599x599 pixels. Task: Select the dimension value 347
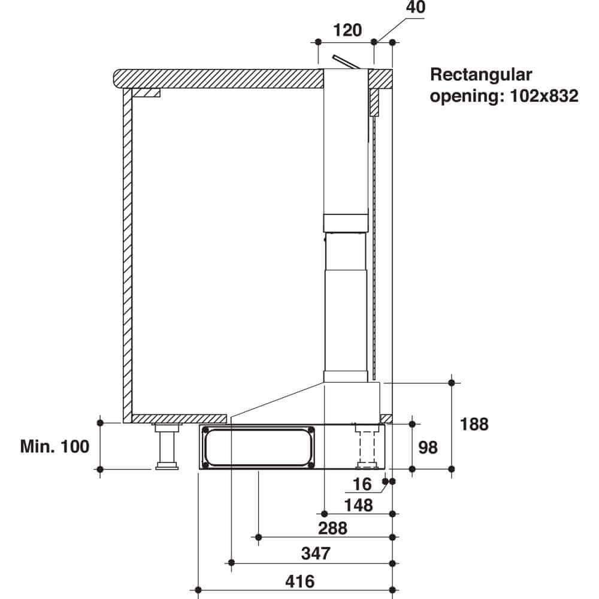pos(315,553)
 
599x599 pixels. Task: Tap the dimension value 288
pos(332,528)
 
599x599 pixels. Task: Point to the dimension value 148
pos(358,505)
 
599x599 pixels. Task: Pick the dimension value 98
pos(428,447)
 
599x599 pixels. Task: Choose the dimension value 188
pos(474,424)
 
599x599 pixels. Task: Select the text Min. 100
pos(55,446)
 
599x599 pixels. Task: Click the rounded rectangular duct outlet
pos(258,447)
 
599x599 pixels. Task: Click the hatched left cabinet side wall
pos(127,252)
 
